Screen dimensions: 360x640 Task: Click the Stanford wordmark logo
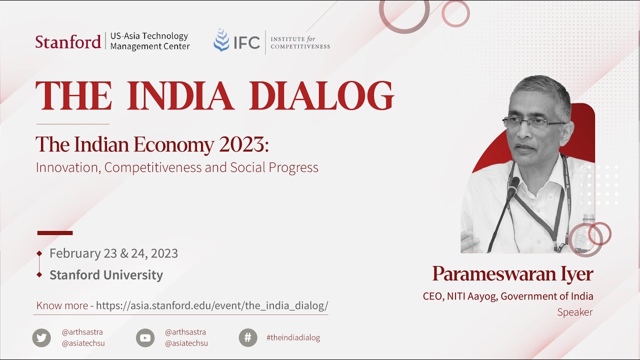(x=68, y=41)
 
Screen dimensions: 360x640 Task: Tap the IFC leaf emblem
(x=221, y=40)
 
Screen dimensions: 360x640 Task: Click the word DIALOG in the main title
(x=321, y=95)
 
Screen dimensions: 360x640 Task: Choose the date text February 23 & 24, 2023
(x=113, y=253)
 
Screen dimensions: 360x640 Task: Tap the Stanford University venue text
(x=106, y=275)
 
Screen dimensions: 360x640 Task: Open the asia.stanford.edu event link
(x=212, y=305)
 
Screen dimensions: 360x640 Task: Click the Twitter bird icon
(x=41, y=338)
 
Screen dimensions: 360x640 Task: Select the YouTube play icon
(x=145, y=338)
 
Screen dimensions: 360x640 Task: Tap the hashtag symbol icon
(x=247, y=337)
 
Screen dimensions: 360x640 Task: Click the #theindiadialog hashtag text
(x=293, y=337)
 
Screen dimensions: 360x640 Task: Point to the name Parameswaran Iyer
(x=512, y=274)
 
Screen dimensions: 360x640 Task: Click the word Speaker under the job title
(x=574, y=312)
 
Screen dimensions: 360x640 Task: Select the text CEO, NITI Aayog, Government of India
(x=508, y=296)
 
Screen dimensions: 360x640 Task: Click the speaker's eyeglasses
(x=532, y=123)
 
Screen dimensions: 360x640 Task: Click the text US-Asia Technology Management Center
(x=149, y=41)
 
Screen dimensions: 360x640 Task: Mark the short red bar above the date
(x=55, y=233)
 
